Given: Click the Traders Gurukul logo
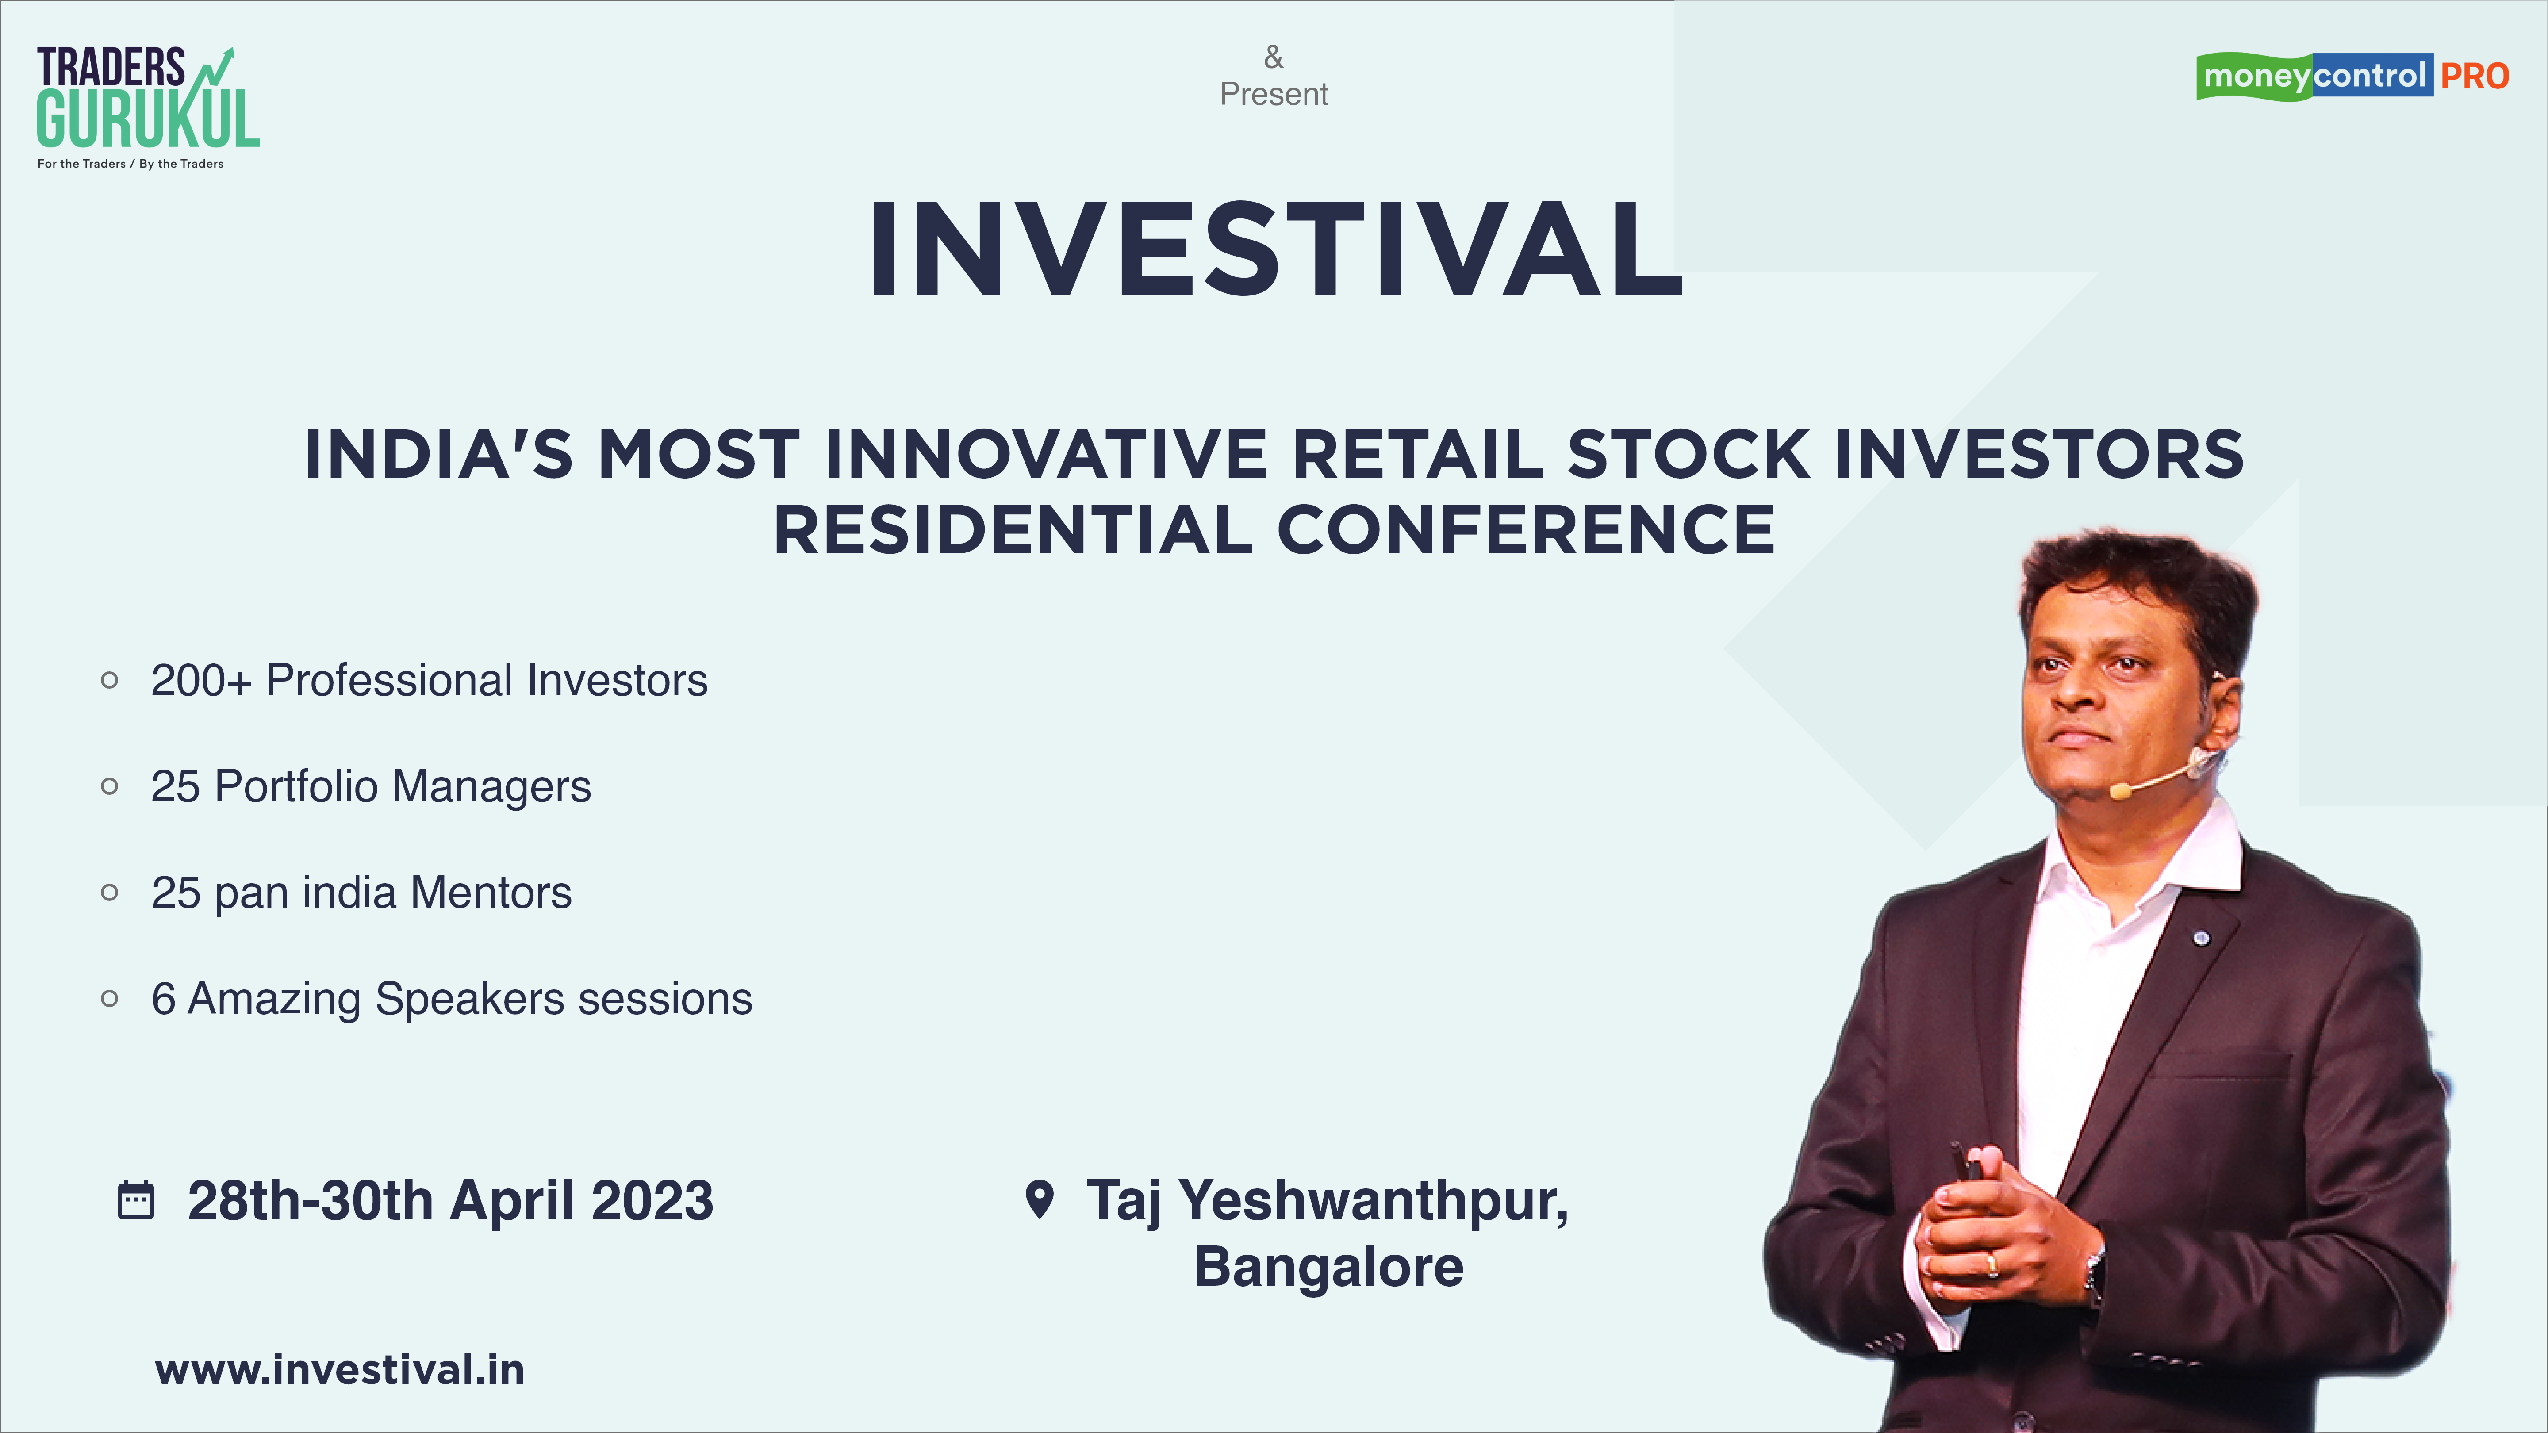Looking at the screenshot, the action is (x=148, y=107).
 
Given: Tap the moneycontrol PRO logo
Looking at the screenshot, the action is (x=2352, y=76).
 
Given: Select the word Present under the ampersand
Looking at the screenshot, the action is (x=1274, y=94).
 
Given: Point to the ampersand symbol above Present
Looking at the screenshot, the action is (x=1274, y=57).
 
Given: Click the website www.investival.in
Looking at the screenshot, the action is (x=339, y=1370).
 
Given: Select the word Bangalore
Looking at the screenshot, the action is (x=1328, y=1267).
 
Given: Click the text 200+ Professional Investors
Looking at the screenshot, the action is (x=429, y=680).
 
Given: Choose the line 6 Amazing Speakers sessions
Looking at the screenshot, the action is (x=451, y=999).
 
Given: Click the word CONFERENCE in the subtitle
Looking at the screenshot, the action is (x=1526, y=530).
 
